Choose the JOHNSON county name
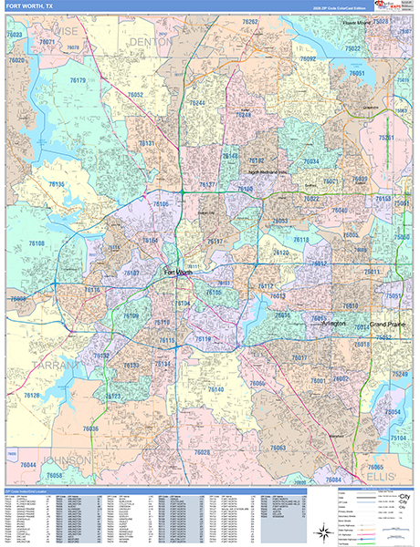coord(64,459)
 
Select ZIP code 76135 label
coord(57,185)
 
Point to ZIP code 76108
coord(37,243)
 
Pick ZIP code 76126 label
coord(33,395)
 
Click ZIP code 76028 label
coord(199,452)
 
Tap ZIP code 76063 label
coord(278,448)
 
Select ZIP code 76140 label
coord(215,389)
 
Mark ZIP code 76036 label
coord(89,428)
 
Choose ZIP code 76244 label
coord(196,103)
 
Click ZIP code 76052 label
coord(136,95)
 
